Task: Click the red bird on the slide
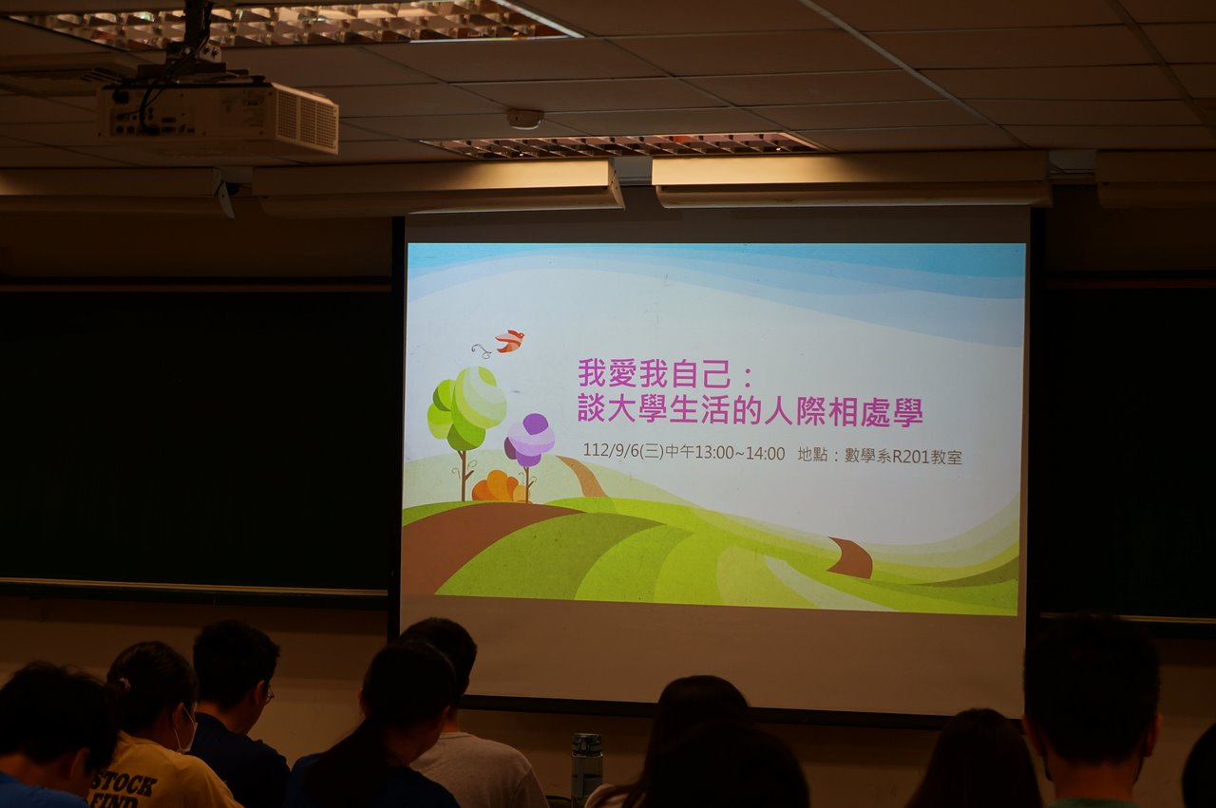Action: click(x=509, y=340)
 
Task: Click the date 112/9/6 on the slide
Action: click(x=612, y=450)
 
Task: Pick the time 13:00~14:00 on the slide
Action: click(x=740, y=453)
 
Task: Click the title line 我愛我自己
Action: click(x=654, y=373)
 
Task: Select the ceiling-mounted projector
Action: click(x=218, y=116)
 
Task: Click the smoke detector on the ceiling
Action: click(x=525, y=119)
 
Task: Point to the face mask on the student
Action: click(x=184, y=730)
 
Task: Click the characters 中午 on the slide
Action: click(x=679, y=452)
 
